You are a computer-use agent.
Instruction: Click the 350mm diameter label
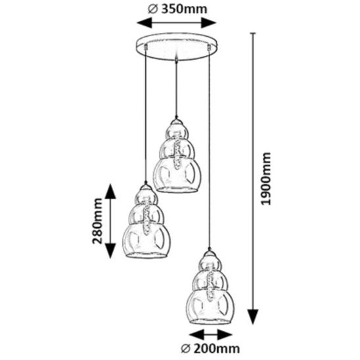coord(177,9)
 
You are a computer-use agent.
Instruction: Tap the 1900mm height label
coord(266,179)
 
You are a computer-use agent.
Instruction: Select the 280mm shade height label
coord(97,221)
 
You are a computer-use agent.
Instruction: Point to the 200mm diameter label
coord(210,349)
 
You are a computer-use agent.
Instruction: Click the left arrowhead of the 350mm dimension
coord(145,23)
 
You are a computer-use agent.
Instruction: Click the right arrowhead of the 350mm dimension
coord(209,23)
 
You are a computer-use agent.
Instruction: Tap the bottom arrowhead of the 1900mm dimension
coord(253,317)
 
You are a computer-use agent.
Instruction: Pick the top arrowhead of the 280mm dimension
coord(110,191)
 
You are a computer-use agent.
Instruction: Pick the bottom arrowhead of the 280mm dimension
coord(110,251)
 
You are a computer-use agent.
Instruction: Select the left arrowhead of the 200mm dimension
coord(197,335)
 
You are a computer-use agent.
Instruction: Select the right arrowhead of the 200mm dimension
coord(225,335)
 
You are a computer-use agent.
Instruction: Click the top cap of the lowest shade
coord(209,254)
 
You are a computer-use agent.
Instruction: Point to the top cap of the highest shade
coord(176,122)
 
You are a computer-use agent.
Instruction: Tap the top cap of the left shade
coord(146,187)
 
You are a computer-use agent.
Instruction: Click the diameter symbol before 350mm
coord(153,9)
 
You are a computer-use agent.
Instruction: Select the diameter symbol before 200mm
coord(186,349)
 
